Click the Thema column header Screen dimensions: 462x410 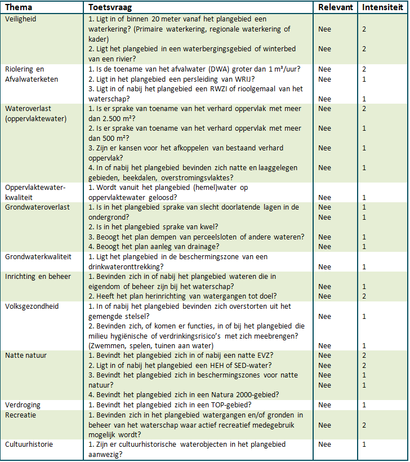click(x=19, y=8)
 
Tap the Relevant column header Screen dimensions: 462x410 click(x=336, y=8)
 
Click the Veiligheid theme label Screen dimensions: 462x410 click(x=21, y=19)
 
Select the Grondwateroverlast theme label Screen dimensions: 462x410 click(x=37, y=207)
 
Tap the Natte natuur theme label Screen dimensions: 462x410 click(x=26, y=356)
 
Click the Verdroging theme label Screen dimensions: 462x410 click(x=23, y=405)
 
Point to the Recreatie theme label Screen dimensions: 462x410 click(x=21, y=415)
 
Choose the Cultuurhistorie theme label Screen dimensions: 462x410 click(x=29, y=445)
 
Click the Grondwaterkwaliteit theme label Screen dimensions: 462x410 click(x=38, y=256)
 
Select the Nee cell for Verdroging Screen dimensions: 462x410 click(x=325, y=405)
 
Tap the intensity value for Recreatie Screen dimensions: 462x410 click(x=364, y=425)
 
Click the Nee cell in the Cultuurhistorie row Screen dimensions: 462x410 click(x=325, y=445)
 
